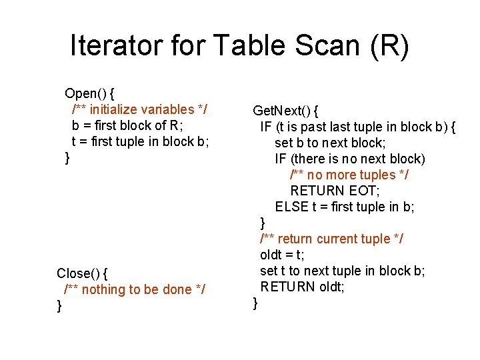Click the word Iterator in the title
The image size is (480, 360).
pos(115,45)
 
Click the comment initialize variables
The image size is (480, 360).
pos(143,109)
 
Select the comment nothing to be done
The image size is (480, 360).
pos(134,289)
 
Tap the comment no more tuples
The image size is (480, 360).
pos(349,175)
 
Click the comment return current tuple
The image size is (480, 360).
pos(331,239)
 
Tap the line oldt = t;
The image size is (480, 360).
pos(282,255)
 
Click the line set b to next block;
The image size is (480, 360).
pos(330,143)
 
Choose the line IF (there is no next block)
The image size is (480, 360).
pos(349,159)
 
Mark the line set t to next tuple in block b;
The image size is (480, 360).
pos(342,271)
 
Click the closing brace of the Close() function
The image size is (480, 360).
pos(60,306)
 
